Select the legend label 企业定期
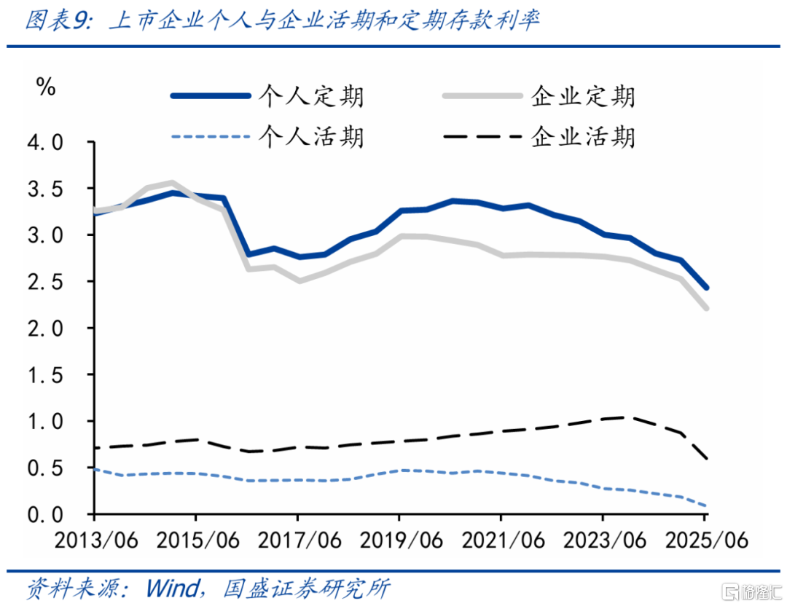[x=583, y=96]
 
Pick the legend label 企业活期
[x=583, y=136]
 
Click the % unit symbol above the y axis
[x=45, y=87]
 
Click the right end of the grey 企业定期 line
[x=706, y=308]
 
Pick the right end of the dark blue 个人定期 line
[x=706, y=288]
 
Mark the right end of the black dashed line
[x=706, y=458]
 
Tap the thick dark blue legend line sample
[x=211, y=96]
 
